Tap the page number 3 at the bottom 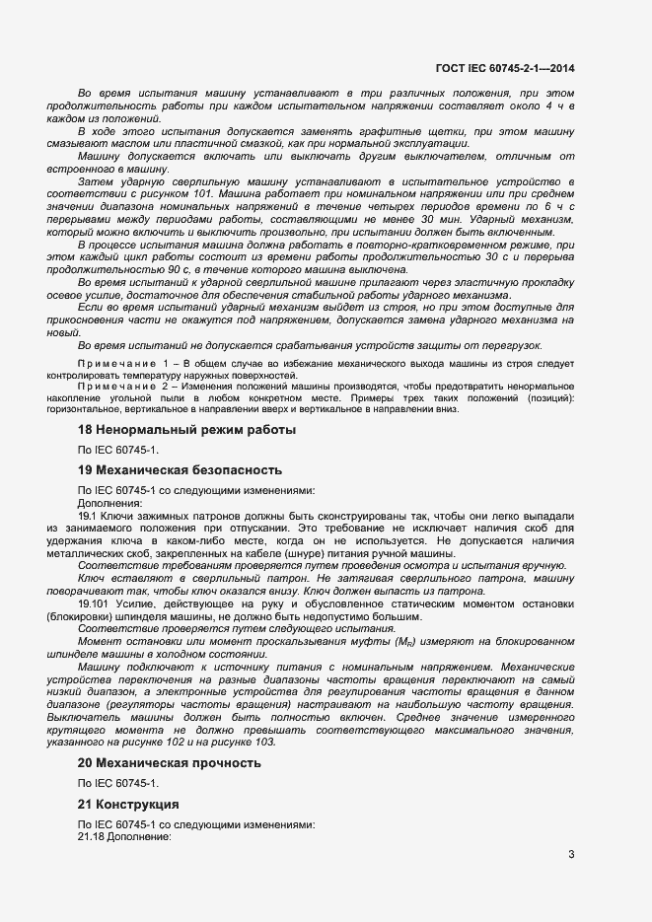tap(571, 854)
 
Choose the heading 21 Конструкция tap(135, 804)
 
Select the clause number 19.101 tap(95, 603)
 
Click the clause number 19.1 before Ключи tap(87, 516)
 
